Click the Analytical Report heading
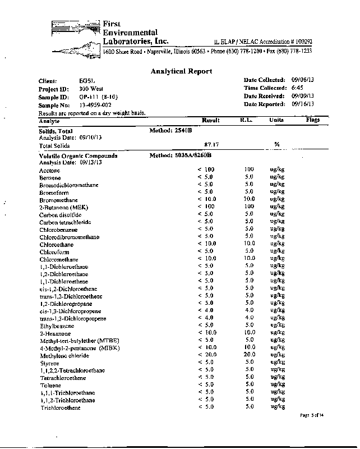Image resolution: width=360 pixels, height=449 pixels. pyautogui.click(x=181, y=71)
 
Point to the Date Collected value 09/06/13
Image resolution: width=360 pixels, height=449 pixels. pyautogui.click(x=302, y=81)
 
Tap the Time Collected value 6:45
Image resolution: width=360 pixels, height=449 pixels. pyautogui.click(x=297, y=89)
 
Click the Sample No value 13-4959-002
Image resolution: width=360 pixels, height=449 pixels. pyautogui.click(x=95, y=105)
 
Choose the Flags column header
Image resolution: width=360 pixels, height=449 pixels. pyautogui.click(x=312, y=120)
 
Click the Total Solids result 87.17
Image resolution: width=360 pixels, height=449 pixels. pyautogui.click(x=211, y=145)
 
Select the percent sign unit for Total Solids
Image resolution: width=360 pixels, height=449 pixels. pyautogui.click(x=276, y=145)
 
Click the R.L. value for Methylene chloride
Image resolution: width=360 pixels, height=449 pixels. pyautogui.click(x=249, y=355)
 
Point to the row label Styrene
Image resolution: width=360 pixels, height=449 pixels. pyautogui.click(x=49, y=363)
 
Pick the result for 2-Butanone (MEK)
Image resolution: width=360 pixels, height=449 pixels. pyautogui.click(x=206, y=207)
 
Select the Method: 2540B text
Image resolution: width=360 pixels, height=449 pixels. pyautogui.click(x=170, y=130)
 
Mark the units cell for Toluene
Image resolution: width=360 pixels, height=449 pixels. pyautogui.click(x=276, y=385)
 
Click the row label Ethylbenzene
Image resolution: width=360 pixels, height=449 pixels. pyautogui.click(x=57, y=326)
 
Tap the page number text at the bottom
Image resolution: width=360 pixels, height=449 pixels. pyautogui.click(x=312, y=415)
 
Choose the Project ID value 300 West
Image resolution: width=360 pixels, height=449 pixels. pyautogui.click(x=91, y=89)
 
